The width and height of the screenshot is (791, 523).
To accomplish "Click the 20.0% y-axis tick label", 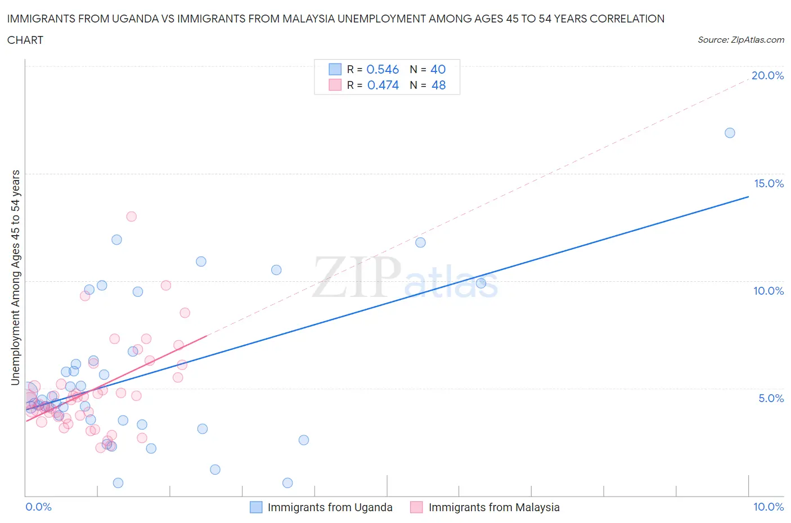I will (x=767, y=75).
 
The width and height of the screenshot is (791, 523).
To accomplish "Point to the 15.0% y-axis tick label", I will (x=768, y=183).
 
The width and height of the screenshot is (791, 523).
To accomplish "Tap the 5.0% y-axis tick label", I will (x=771, y=398).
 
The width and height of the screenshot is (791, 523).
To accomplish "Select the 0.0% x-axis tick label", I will (x=38, y=507).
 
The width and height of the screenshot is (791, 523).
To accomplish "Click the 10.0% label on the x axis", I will (x=768, y=507).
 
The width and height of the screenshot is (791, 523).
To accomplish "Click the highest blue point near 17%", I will (x=730, y=133).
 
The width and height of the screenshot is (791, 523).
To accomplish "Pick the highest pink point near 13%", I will (x=131, y=217).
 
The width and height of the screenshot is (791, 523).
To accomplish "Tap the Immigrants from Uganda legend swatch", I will (x=256, y=507).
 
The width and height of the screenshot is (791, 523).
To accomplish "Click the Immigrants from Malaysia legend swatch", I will (x=416, y=507).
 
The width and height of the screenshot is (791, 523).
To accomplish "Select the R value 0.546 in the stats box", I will (x=383, y=69).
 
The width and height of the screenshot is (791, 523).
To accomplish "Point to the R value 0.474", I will (x=383, y=85).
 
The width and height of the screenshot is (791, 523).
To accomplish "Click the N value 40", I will (x=438, y=69).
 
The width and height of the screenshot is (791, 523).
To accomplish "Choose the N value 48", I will (x=438, y=85).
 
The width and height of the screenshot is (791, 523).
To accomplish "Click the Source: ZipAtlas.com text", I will (x=740, y=40).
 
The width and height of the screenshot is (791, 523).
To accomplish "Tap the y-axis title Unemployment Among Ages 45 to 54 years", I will (x=16, y=277).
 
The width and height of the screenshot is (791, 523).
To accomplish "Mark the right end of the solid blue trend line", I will (x=748, y=197).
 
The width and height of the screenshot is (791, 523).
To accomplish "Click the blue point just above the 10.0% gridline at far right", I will (x=481, y=283).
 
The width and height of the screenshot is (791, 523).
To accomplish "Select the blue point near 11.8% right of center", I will (x=420, y=242).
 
